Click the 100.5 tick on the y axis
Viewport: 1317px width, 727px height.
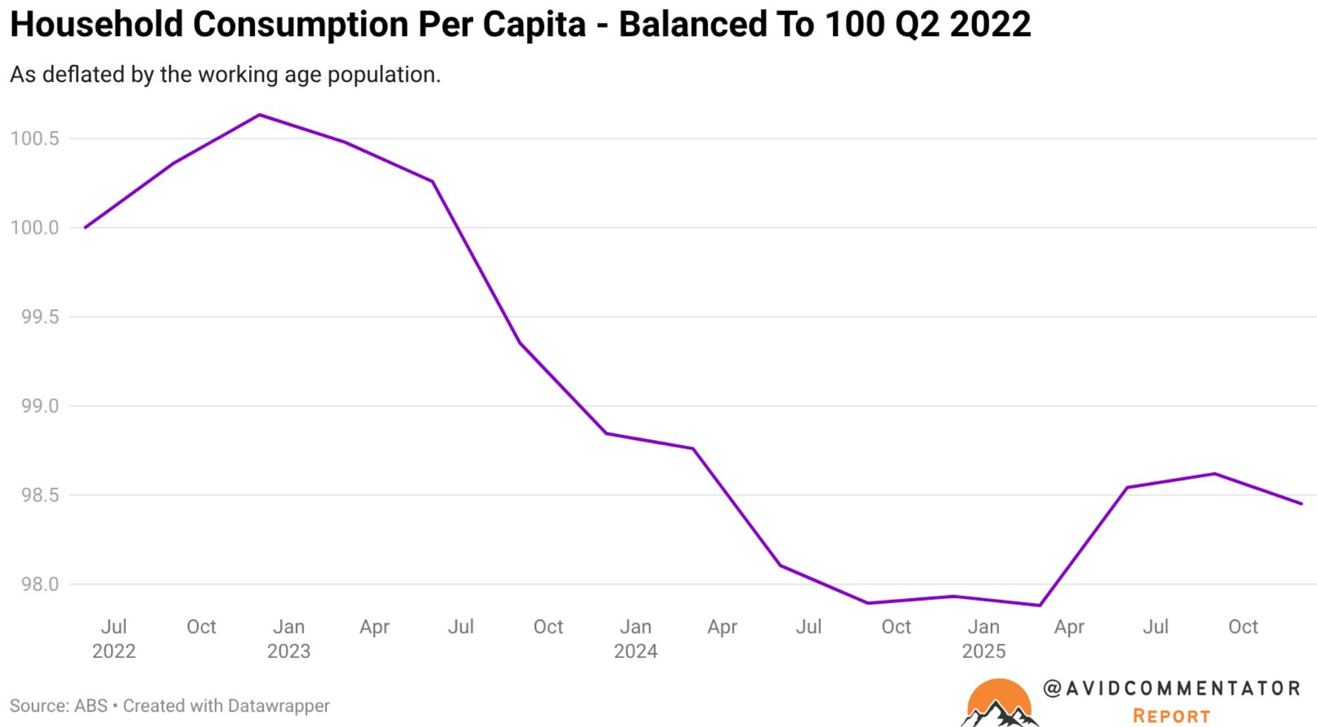point(35,139)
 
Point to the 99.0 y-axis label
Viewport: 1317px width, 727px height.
point(40,406)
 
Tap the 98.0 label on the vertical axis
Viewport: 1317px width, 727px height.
point(40,585)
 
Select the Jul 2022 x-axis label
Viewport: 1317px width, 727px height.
point(114,638)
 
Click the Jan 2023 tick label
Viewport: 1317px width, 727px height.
point(288,638)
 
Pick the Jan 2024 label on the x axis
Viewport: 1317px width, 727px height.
point(635,638)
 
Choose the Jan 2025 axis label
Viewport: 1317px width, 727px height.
point(983,638)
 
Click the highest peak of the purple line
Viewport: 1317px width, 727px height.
point(259,115)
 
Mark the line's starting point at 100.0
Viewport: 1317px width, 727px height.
point(86,227)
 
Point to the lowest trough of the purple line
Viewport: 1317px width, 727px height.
point(1039,605)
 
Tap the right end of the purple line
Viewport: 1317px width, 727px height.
point(1301,503)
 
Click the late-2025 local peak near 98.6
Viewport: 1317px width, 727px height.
point(1214,473)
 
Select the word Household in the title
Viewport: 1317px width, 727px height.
point(96,24)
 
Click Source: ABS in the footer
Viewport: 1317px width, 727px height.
point(59,706)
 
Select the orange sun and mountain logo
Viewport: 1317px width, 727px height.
point(998,703)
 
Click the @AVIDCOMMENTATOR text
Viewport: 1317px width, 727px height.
point(1171,689)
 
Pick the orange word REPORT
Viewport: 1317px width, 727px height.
point(1171,716)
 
